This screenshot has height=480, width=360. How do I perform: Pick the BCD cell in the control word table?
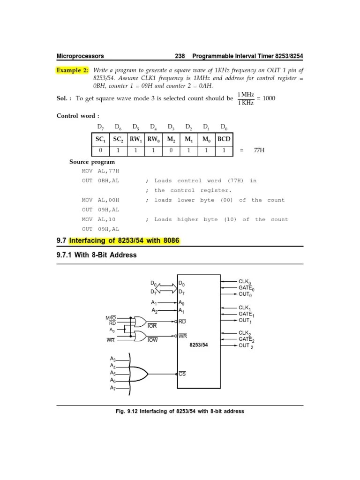224,139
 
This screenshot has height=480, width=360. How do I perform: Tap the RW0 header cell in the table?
153,139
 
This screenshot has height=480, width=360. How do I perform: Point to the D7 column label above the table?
100,127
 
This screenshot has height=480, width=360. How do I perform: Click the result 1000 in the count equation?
270,98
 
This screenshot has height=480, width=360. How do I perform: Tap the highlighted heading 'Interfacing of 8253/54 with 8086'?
124,241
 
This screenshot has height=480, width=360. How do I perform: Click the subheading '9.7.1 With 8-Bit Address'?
97,255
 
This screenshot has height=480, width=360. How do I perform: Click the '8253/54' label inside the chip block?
198,345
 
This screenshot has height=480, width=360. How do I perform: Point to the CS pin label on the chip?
182,374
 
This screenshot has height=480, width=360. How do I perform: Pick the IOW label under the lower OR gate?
153,340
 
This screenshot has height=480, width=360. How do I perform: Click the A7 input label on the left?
113,388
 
